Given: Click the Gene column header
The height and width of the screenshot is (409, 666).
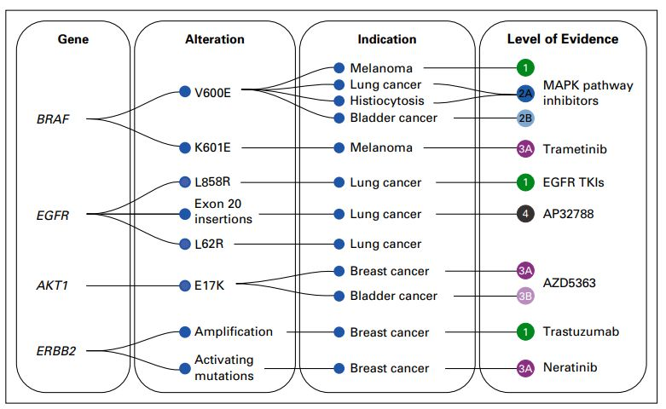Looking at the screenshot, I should click(x=72, y=39).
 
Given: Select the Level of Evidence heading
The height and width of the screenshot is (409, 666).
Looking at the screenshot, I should click(x=563, y=39).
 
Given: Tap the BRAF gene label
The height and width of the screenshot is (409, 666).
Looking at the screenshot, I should click(x=53, y=118).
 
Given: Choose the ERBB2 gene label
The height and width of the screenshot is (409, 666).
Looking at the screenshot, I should click(x=55, y=349).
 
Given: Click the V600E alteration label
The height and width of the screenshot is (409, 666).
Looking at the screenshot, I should click(x=212, y=92).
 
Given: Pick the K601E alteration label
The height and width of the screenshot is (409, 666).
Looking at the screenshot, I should click(x=212, y=147).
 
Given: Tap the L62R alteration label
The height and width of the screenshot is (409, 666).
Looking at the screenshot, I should click(x=209, y=245).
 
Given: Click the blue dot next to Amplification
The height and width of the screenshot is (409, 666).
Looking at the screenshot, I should click(x=185, y=331).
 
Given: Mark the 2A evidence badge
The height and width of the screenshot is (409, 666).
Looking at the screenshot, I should click(x=525, y=93).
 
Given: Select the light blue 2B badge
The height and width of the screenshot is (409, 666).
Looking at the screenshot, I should click(x=525, y=118).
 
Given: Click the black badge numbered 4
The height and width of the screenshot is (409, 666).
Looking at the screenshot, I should click(x=525, y=214).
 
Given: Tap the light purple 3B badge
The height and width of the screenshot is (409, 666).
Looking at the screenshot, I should click(x=525, y=296).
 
